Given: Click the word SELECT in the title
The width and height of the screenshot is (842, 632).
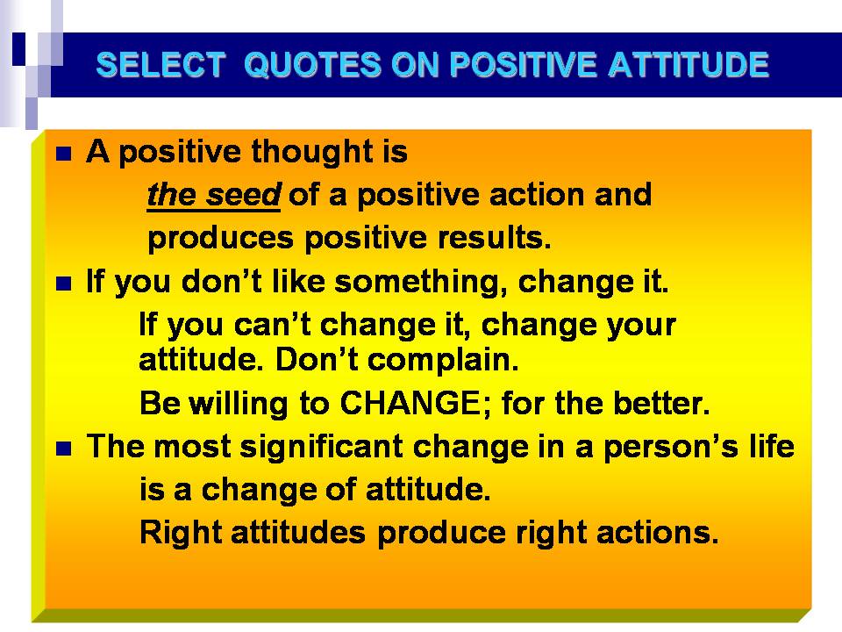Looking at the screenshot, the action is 161,65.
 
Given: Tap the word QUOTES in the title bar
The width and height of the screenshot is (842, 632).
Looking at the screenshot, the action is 312,66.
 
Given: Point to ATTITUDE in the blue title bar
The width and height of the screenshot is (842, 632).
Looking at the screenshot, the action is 689,65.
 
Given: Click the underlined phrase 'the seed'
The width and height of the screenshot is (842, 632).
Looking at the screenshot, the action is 214,195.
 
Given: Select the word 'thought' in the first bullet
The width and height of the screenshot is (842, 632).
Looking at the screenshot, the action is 312,152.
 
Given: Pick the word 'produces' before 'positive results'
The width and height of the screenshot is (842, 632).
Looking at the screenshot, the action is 221,239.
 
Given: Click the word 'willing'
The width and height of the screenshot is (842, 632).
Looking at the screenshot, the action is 239,404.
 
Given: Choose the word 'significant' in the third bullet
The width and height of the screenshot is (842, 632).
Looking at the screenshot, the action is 321,447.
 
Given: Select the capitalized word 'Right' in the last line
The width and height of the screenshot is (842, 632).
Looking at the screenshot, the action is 181,533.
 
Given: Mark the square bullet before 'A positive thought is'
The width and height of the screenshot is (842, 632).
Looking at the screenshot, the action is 64,154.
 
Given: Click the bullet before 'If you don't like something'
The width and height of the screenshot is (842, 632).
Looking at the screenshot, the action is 64,284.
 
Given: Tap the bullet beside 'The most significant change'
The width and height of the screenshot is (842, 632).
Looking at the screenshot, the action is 64,449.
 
